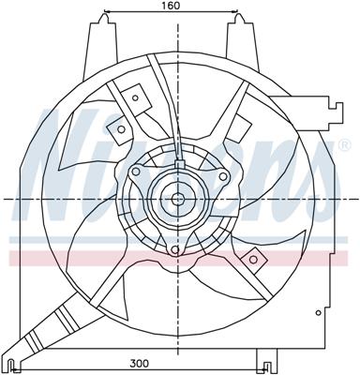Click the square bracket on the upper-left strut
135,97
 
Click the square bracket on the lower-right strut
251,256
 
